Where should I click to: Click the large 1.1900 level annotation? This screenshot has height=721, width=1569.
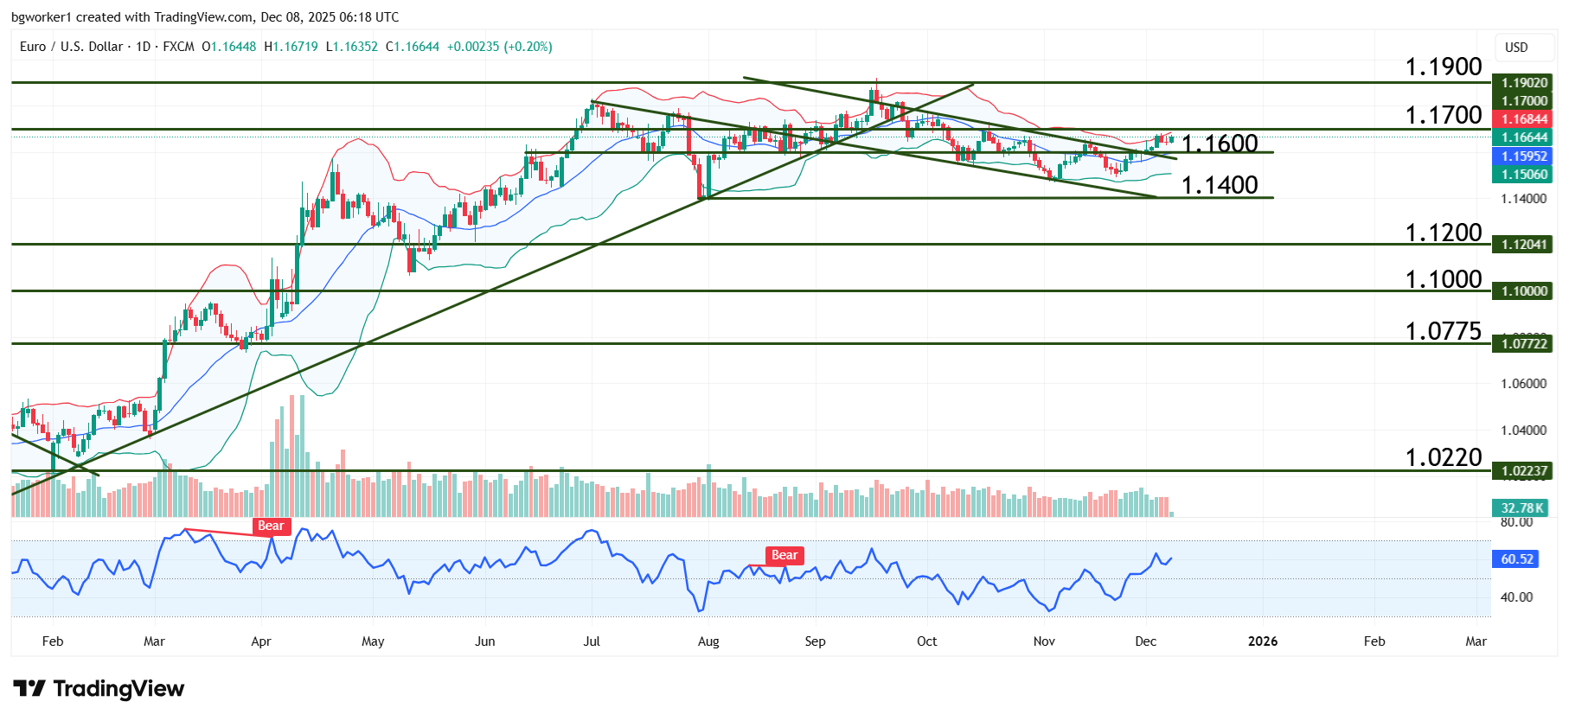click(1443, 67)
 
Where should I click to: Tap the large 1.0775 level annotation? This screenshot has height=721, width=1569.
click(1443, 331)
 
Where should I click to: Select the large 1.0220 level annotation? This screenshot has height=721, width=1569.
click(1443, 457)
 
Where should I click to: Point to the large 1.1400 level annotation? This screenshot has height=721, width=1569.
click(1219, 185)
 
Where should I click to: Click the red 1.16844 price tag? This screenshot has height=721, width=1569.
click(1523, 119)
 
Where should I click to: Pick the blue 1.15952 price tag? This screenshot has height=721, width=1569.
click(1523, 156)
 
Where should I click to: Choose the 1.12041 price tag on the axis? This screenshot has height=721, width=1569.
click(1523, 245)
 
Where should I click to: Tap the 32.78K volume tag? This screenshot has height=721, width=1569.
click(1522, 508)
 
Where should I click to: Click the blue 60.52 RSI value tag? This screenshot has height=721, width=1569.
click(1516, 559)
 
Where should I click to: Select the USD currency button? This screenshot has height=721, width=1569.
click(1516, 48)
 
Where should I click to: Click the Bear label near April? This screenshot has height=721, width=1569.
click(271, 526)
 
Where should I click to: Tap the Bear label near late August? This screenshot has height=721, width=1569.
click(784, 555)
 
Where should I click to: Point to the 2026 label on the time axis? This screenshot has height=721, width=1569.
click(1263, 641)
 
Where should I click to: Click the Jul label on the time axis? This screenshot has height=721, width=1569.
click(592, 641)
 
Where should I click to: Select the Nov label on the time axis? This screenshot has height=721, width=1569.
click(1044, 641)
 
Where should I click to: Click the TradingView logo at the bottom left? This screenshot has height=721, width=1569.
click(99, 689)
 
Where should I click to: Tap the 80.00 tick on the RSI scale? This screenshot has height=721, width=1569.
click(1516, 522)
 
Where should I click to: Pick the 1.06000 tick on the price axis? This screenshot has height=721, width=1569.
click(1523, 384)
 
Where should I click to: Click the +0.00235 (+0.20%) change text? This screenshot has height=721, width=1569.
click(499, 47)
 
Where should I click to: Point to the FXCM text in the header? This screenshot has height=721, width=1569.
click(178, 47)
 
